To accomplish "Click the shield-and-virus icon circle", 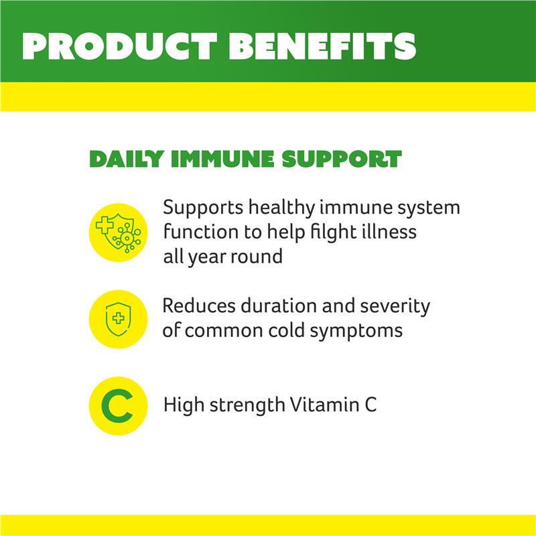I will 118,231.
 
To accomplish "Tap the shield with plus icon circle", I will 118,319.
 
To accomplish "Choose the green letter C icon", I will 118,406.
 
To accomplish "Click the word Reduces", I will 199,307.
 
